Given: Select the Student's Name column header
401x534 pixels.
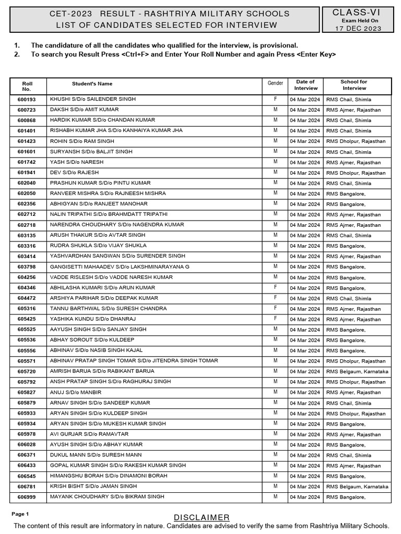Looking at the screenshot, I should pyautogui.click(x=92, y=83).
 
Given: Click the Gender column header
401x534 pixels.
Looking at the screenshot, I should pyautogui.click(x=275, y=83).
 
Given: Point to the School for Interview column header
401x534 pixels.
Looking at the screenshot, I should pyautogui.click(x=353, y=85).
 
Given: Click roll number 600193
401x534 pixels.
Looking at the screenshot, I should pyautogui.click(x=27, y=100).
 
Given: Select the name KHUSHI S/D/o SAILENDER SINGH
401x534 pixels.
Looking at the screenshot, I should pyautogui.click(x=92, y=99).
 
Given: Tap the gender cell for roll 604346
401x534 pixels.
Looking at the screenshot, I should pyautogui.click(x=275, y=287).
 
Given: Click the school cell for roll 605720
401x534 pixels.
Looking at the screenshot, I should pyautogui.click(x=357, y=371).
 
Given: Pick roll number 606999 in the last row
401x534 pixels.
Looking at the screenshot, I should pyautogui.click(x=27, y=497).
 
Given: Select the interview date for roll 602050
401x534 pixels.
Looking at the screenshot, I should pyautogui.click(x=305, y=193).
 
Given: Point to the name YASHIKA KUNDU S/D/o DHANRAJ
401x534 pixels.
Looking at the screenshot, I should pyautogui.click(x=92, y=319).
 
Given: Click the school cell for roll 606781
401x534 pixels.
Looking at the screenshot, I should pyautogui.click(x=357, y=487).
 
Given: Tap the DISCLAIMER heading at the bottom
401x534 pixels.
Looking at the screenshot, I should pyautogui.click(x=202, y=517).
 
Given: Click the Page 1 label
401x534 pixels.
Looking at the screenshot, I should pyautogui.click(x=20, y=514).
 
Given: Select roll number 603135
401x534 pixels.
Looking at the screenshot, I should pyautogui.click(x=27, y=236).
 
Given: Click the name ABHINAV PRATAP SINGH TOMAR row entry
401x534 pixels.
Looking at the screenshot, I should pyautogui.click(x=134, y=361).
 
